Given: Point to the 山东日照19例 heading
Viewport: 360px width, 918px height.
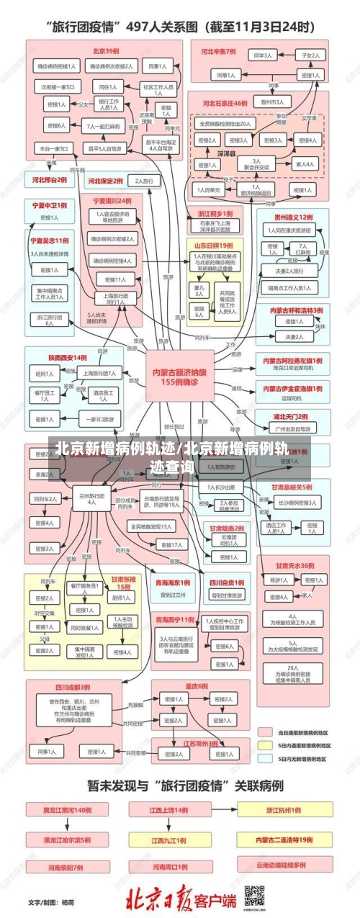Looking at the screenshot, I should point(215,246).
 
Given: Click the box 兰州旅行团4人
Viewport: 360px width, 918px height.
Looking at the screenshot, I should point(91,478).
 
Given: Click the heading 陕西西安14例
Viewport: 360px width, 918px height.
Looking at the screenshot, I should point(68,357).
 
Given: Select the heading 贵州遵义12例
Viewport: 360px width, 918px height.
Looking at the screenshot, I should point(292,216).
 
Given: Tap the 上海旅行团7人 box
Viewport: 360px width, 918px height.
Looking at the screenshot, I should point(99,373).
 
